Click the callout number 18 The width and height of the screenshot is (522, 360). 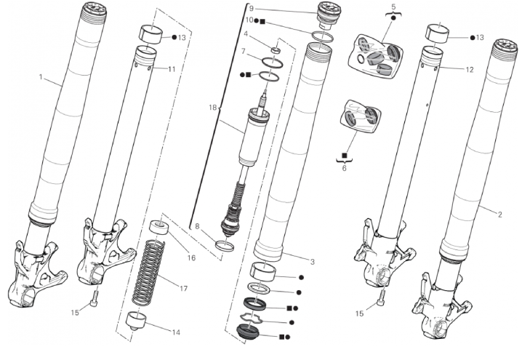(213, 108)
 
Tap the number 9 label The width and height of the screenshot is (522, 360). (252, 9)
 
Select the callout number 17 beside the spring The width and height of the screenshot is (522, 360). (184, 289)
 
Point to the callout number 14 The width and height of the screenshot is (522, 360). (176, 332)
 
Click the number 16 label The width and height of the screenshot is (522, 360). (191, 257)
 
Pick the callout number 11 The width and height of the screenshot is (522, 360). (172, 69)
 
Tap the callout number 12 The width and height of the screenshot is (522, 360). (470, 70)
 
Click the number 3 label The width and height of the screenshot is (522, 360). (313, 262)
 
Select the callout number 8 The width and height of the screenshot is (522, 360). (197, 226)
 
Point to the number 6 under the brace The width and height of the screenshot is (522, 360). (344, 168)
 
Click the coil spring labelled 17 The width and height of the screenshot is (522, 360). (149, 273)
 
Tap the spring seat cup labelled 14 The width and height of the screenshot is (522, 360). (136, 321)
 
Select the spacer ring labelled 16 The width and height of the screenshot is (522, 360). (158, 228)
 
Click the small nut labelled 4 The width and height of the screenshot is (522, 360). (276, 50)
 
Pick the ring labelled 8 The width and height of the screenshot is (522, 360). (225, 246)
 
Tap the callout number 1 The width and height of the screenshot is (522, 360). (41, 77)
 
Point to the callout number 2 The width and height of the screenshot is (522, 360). (499, 215)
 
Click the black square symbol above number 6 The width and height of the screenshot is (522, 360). (345, 156)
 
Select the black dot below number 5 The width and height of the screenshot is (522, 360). (393, 17)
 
